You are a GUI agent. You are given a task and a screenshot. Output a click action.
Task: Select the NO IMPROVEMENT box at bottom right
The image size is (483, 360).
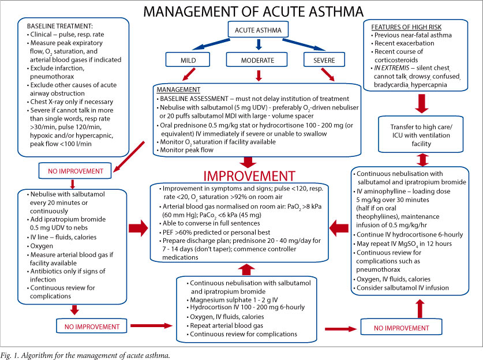394,328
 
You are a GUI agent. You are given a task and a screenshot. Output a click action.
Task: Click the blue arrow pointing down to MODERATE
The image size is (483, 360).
258,44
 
